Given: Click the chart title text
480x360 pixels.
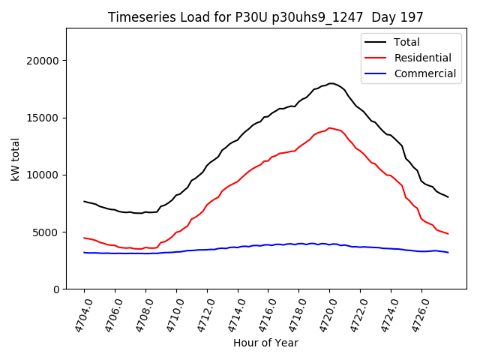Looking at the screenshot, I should [265, 17].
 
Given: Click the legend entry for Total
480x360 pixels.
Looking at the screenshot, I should [406, 42].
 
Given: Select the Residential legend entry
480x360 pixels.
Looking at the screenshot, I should [422, 58].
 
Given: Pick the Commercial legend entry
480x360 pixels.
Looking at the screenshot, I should [424, 73].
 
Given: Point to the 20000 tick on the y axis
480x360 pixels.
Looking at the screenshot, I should [44, 61].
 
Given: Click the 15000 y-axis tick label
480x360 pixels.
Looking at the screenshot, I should [44, 118].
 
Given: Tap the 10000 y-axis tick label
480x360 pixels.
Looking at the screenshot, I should [44, 175].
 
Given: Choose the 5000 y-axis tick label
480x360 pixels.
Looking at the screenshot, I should [47, 232].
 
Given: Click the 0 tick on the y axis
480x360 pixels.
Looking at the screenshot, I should [56, 289].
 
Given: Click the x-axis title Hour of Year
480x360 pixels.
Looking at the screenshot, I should [265, 343].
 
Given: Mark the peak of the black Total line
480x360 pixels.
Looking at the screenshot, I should [331, 83].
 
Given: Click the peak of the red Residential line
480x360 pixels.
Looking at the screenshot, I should [329, 127].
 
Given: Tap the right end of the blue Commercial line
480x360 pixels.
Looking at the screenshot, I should [448, 253].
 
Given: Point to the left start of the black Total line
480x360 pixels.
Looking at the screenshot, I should [84, 201].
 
